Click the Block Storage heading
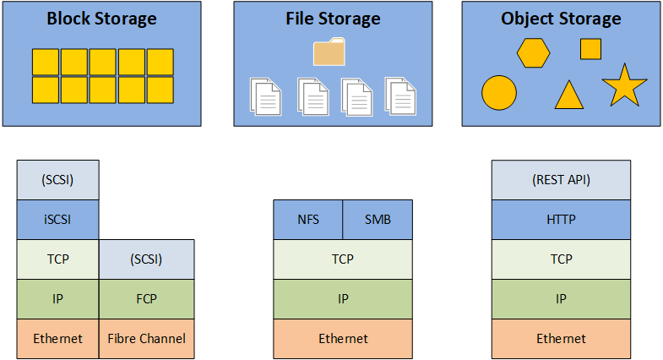click(101, 19)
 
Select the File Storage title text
click(332, 19)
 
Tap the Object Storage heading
click(561, 19)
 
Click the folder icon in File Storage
click(329, 52)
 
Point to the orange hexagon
click(534, 52)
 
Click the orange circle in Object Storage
click(498, 93)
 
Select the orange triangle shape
click(569, 95)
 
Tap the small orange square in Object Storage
click(590, 50)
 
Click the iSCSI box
click(58, 220)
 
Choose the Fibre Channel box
click(147, 339)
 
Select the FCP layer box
click(147, 298)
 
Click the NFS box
click(308, 220)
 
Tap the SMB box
click(378, 220)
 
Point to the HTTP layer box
click(561, 220)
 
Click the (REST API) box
click(561, 180)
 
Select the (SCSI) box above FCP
click(147, 259)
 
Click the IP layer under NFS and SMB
click(343, 298)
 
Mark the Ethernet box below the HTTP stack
click(561, 339)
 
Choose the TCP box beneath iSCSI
click(58, 259)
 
